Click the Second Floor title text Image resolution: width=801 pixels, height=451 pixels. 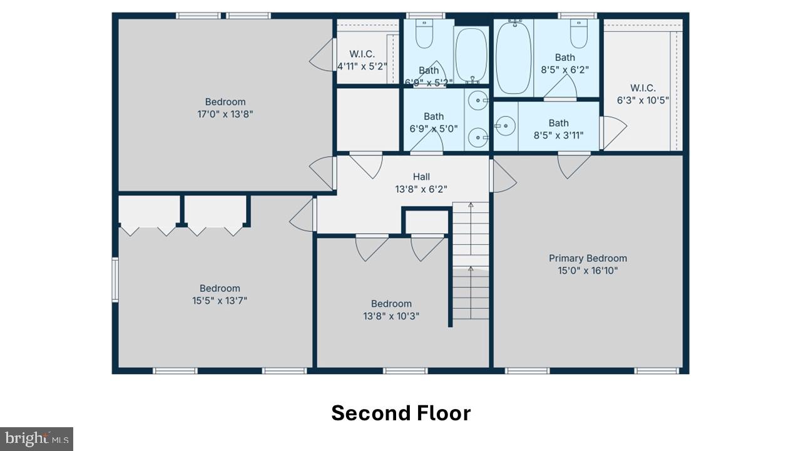point(400,413)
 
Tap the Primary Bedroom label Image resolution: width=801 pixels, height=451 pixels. point(588,258)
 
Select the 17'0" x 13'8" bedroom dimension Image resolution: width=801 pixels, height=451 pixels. point(225,114)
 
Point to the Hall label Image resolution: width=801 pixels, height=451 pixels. point(421,177)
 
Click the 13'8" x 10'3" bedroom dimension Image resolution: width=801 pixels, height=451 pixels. point(391,316)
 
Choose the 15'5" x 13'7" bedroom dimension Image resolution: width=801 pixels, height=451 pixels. point(220,301)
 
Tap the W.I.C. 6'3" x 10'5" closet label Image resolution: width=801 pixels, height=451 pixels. point(643,94)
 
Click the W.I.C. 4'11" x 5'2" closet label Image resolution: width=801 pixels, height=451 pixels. point(362,60)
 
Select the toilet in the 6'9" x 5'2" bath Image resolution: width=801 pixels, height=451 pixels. point(424,34)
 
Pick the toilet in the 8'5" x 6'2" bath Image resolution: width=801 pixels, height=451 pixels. point(578,35)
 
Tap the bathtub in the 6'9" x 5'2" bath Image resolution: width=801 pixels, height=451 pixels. point(471,55)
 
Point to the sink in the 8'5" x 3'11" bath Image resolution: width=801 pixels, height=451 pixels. point(506,125)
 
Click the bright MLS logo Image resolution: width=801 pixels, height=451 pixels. point(36,438)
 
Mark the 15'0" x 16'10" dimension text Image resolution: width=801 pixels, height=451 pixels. point(588,271)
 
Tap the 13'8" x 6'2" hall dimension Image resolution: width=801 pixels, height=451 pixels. point(421,189)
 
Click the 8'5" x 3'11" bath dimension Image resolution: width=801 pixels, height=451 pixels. point(559,135)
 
